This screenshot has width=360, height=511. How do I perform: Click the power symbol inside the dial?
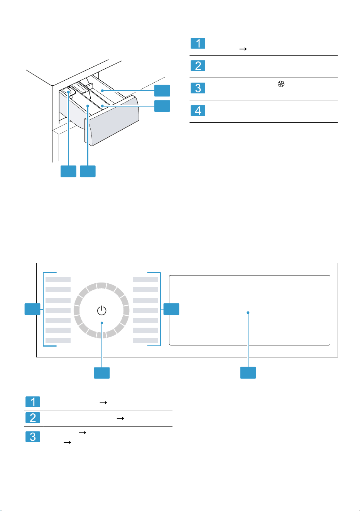coord(101,310)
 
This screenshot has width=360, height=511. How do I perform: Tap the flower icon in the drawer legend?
coord(281,84)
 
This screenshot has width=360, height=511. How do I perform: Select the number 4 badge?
coord(198,110)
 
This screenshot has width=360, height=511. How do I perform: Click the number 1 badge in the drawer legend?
coord(198,43)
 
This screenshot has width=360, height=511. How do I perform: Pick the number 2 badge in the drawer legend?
coord(198,66)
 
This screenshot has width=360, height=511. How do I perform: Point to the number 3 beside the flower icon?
coord(198,88)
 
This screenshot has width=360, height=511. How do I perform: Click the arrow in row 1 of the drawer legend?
coord(243,49)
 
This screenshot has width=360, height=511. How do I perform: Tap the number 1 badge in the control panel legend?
coord(33,402)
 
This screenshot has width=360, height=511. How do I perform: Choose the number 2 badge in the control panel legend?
coord(33,418)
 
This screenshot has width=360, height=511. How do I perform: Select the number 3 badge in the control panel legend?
coord(33,437)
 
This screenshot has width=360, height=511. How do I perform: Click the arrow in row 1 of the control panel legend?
coord(103,403)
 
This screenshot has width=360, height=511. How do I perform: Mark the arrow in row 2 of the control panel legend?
coord(120,418)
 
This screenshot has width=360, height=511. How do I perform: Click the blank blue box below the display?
coord(248,372)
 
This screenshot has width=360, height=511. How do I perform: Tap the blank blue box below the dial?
coord(102,373)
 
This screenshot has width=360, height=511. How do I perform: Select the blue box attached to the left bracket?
coord(32,309)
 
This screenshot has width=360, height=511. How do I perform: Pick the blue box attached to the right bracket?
coord(171,309)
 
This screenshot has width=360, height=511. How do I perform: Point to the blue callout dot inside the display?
coord(248,313)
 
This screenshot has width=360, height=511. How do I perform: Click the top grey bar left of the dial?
coord(58,279)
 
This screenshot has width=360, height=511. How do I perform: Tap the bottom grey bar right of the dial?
coord(145,340)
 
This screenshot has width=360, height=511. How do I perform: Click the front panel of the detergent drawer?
coord(112,121)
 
